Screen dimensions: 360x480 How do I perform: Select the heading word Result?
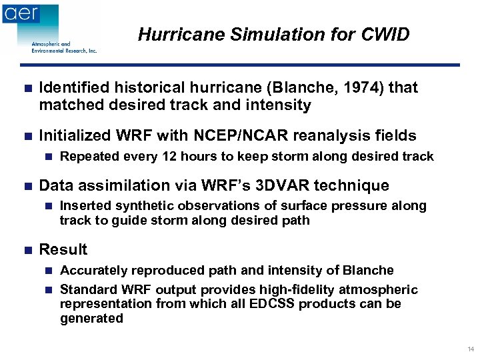[x=63, y=249]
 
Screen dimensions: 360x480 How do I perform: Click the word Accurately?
[x=93, y=270]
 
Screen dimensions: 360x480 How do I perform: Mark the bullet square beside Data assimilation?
[x=27, y=185]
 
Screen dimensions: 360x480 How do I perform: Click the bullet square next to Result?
[x=27, y=250]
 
